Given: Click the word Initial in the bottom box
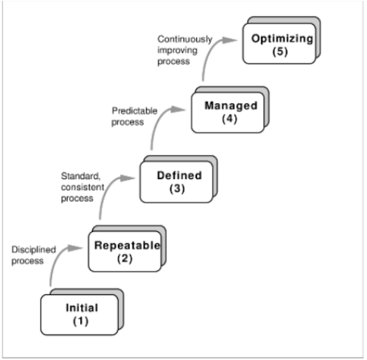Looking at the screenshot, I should [x=82, y=308].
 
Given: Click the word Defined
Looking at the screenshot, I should [x=179, y=175].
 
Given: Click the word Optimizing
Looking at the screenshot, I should [x=283, y=39].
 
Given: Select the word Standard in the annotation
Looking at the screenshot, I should [x=76, y=176].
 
